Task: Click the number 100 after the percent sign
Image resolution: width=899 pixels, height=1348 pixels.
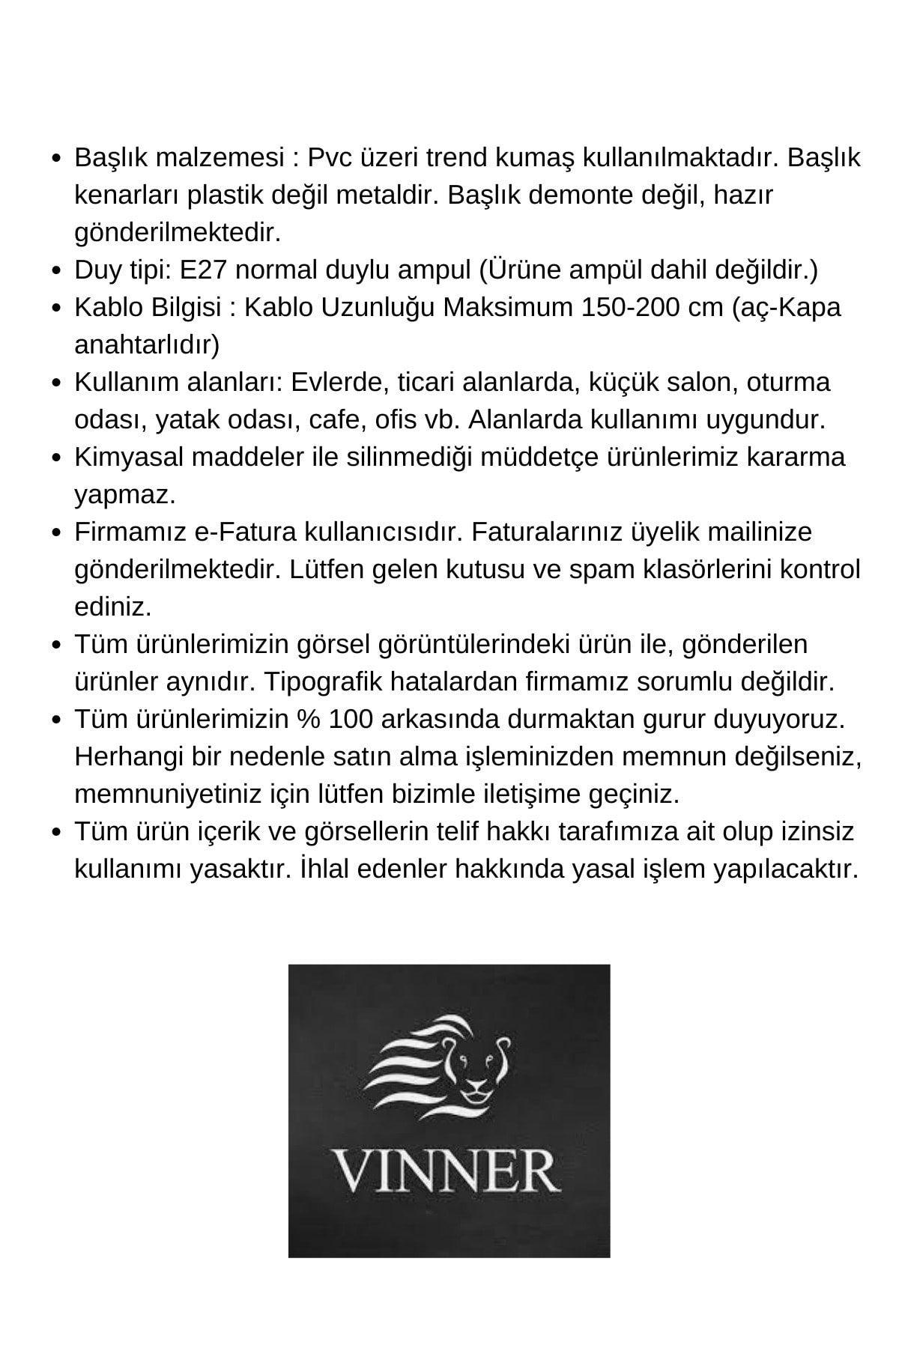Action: coord(351,719)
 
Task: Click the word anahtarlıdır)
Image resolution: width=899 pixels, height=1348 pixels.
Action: coord(147,344)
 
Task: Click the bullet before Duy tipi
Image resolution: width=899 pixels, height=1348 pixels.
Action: coord(56,270)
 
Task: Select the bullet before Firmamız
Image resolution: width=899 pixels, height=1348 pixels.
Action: coord(56,532)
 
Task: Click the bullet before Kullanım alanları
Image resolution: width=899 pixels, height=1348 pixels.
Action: coord(56,383)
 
